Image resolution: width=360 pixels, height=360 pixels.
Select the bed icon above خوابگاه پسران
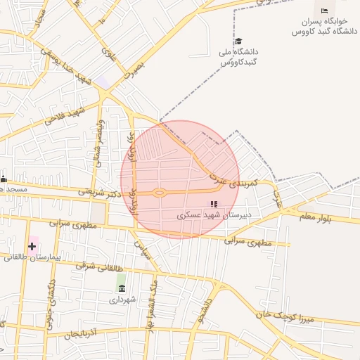(x=324, y=11)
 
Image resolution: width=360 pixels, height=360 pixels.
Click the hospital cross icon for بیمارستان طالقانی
(x=32, y=245)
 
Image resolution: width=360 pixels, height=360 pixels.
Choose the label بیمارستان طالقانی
(x=32, y=257)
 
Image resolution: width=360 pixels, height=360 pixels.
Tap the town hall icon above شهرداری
(x=122, y=288)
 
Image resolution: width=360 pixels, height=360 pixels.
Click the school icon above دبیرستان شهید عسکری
(x=214, y=204)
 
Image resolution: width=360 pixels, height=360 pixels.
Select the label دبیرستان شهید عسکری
(x=214, y=215)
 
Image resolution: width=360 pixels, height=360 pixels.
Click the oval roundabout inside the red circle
(x=160, y=193)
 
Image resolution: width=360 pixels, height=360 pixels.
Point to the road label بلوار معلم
(x=323, y=217)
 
